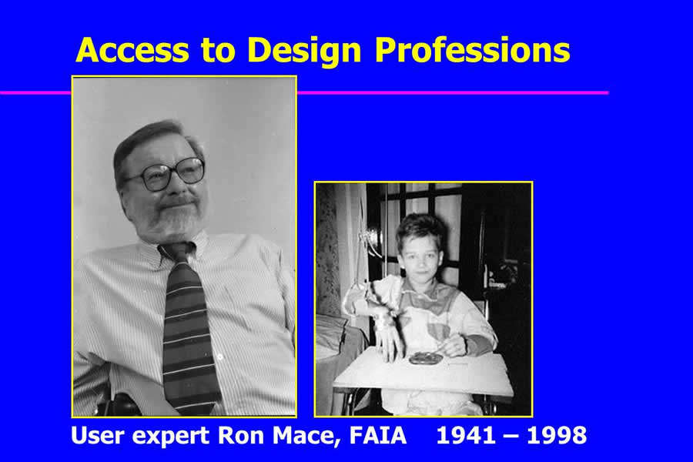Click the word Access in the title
132,50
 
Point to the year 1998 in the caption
557,436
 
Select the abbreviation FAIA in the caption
378,436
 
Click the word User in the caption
97,436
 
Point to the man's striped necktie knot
178,252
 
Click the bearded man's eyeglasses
166,172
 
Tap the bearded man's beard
170,218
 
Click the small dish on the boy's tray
426,358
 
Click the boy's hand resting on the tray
389,342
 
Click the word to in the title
219,50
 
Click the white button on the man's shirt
219,357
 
